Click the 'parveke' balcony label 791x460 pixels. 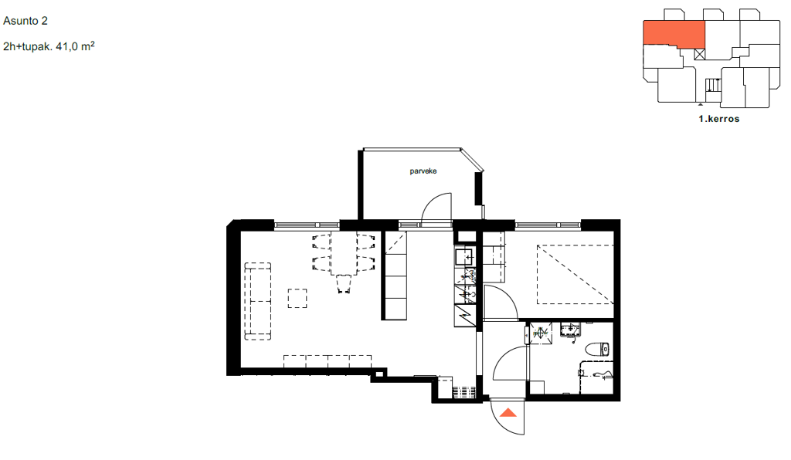coord(423,171)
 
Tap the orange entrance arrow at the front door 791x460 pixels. coord(508,413)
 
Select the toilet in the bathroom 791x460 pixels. coord(598,349)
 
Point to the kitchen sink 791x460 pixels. coord(463,257)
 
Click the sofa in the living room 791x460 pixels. coord(258,301)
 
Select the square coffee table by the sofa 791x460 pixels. coord(297,298)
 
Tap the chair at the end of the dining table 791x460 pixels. coord(344,284)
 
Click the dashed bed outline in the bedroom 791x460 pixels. coord(575,275)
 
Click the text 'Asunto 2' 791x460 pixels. coord(25,21)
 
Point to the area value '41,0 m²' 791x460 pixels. coord(75,46)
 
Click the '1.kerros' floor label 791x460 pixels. coord(719,119)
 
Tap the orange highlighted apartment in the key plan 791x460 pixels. coord(674,34)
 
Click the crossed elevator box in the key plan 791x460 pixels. coord(700,55)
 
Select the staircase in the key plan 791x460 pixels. coord(713,85)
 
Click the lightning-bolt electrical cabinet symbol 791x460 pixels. coord(465,316)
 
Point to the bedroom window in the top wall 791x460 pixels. coord(548,225)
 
